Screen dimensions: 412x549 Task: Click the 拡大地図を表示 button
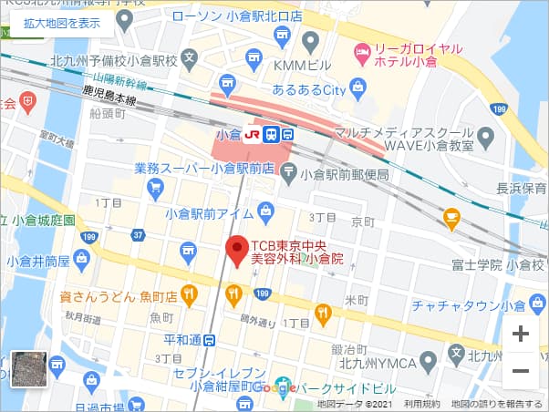coord(62,24)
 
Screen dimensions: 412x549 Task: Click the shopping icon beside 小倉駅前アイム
coord(265,212)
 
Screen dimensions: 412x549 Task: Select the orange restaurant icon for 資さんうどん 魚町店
coord(190,294)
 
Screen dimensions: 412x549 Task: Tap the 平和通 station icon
coord(211,340)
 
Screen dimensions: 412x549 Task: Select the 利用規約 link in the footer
coord(422,404)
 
